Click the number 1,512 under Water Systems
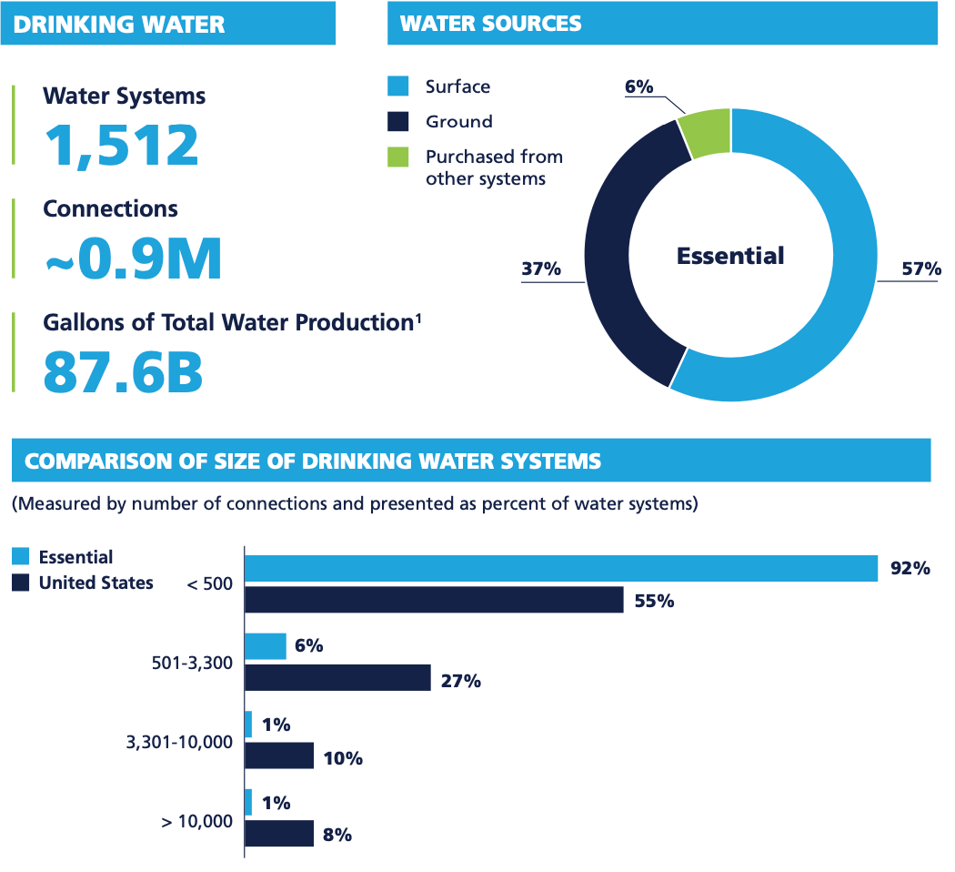click(x=122, y=145)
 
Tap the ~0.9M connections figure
click(x=133, y=259)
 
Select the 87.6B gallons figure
click(x=123, y=371)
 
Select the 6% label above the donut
click(x=638, y=86)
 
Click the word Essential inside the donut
click(x=730, y=256)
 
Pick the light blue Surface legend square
click(x=398, y=86)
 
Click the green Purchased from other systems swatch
click(x=398, y=157)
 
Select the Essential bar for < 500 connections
click(x=561, y=568)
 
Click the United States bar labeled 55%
click(x=435, y=600)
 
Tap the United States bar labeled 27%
click(x=338, y=678)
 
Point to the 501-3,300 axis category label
click(x=191, y=663)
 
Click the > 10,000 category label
click(x=196, y=821)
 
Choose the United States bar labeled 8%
click(x=280, y=835)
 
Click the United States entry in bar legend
click(x=95, y=583)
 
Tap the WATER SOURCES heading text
click(x=490, y=23)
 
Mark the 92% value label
click(x=910, y=569)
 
